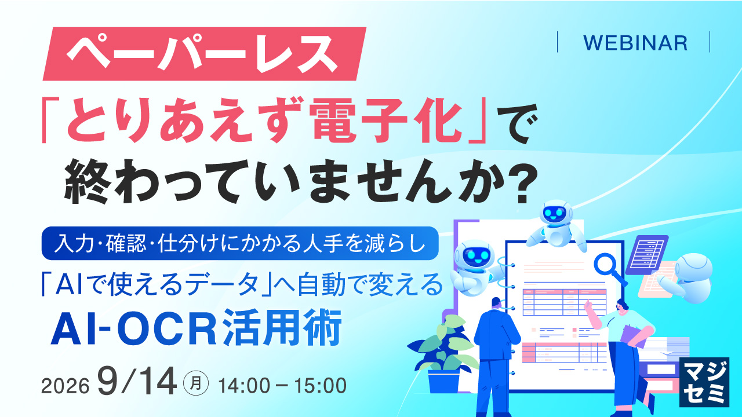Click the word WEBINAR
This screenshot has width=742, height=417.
(x=635, y=43)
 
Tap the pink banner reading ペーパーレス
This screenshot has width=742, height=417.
(x=205, y=54)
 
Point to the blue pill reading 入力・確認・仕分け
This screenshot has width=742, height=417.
(x=240, y=243)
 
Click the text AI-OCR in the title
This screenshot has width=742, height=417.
(x=134, y=327)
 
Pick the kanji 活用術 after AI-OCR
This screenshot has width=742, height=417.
(x=282, y=327)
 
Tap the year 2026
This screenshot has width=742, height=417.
(x=66, y=386)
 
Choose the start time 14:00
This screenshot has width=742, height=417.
(x=244, y=386)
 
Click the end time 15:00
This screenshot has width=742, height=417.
(x=321, y=386)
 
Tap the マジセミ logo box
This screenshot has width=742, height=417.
(x=704, y=382)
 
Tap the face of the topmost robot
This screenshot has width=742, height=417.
(x=555, y=213)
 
